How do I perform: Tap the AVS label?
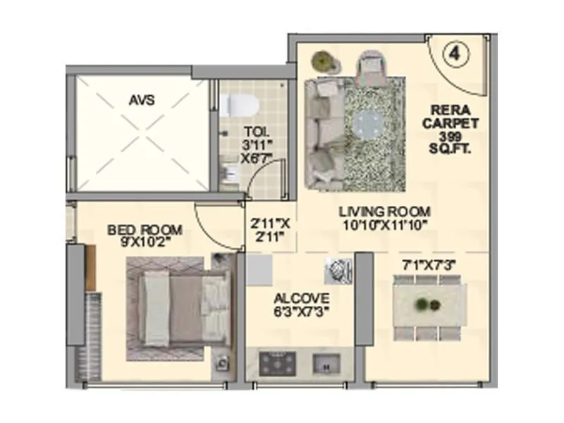142,100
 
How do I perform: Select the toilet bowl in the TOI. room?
239,105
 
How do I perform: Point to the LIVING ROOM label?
384,211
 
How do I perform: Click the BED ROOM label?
145,230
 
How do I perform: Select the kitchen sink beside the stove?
325,364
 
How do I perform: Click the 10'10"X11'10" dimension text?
384,225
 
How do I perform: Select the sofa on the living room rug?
323,134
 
